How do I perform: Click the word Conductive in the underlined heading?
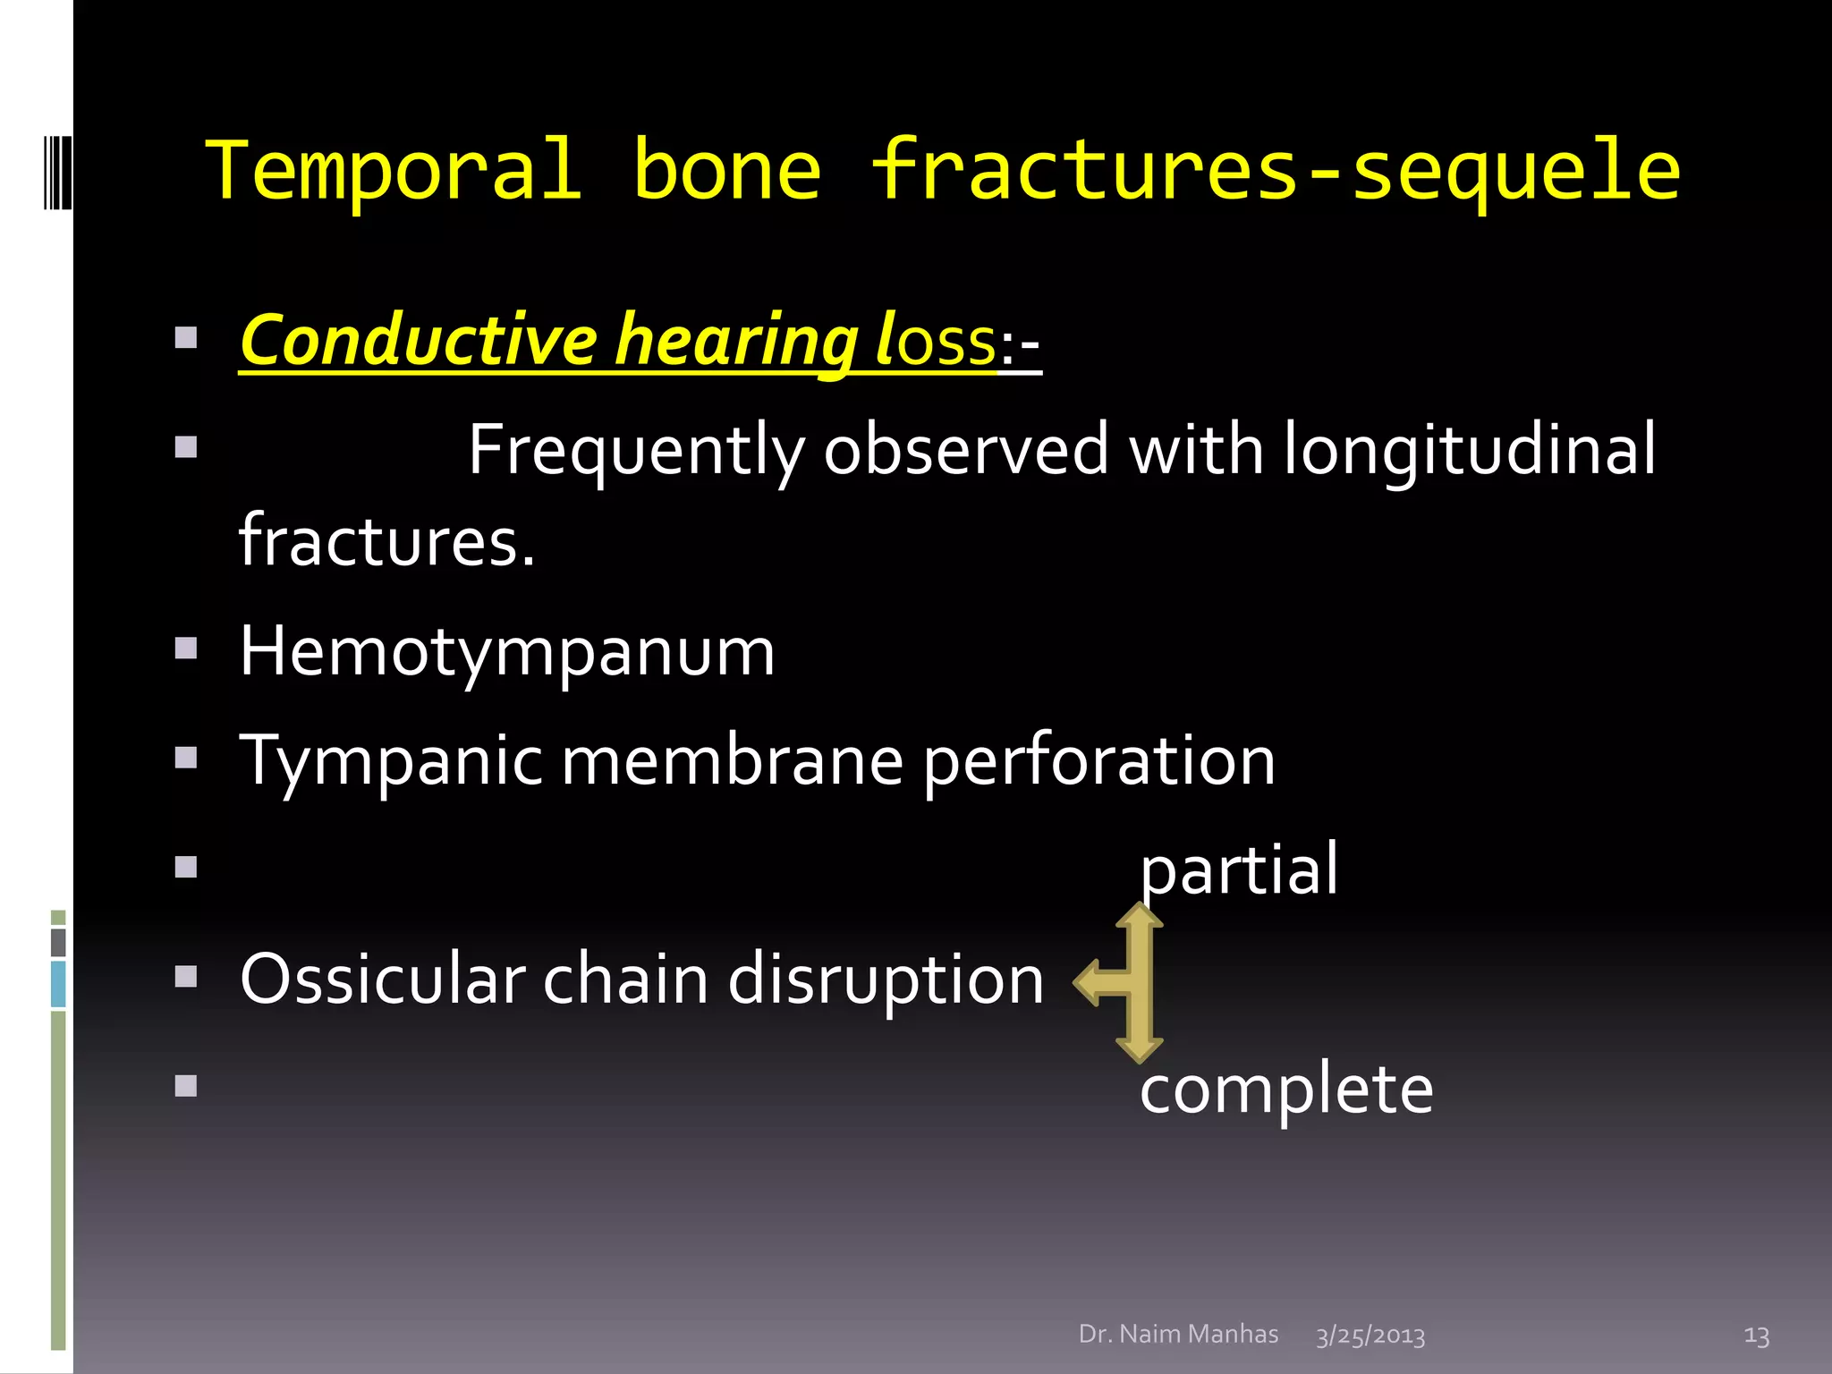click(419, 341)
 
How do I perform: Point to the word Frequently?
click(636, 451)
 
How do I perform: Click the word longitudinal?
click(1470, 451)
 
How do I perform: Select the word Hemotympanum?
click(507, 653)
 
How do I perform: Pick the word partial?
click(1239, 869)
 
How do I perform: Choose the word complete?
click(1286, 1090)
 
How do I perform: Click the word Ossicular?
click(382, 980)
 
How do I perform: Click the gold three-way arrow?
click(1129, 982)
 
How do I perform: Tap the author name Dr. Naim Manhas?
click(1178, 1334)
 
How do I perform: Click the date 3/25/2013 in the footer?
click(1370, 1336)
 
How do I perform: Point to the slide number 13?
click(1756, 1336)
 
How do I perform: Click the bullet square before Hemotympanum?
click(186, 649)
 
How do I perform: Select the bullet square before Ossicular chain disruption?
click(186, 976)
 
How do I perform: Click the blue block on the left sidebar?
click(58, 984)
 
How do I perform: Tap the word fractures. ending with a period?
click(386, 542)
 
